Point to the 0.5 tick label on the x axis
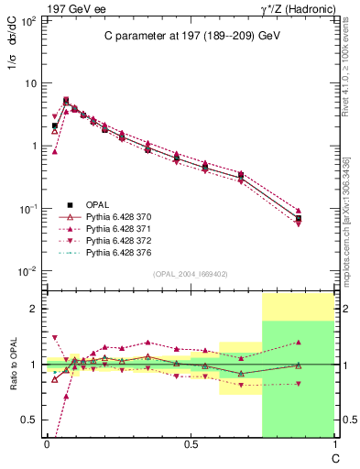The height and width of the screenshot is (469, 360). click(191, 444)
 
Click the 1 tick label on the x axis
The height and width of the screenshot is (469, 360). click(333, 444)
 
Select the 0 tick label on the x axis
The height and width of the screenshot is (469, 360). click(47, 444)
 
